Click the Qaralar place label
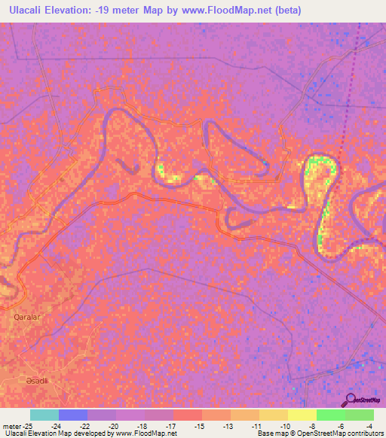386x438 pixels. click(x=26, y=318)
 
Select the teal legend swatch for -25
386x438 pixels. click(x=44, y=415)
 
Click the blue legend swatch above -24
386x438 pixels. click(x=72, y=415)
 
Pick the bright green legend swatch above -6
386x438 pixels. click(x=330, y=415)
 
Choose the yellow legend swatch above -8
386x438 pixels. click(x=302, y=415)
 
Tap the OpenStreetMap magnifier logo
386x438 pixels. click(x=351, y=399)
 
